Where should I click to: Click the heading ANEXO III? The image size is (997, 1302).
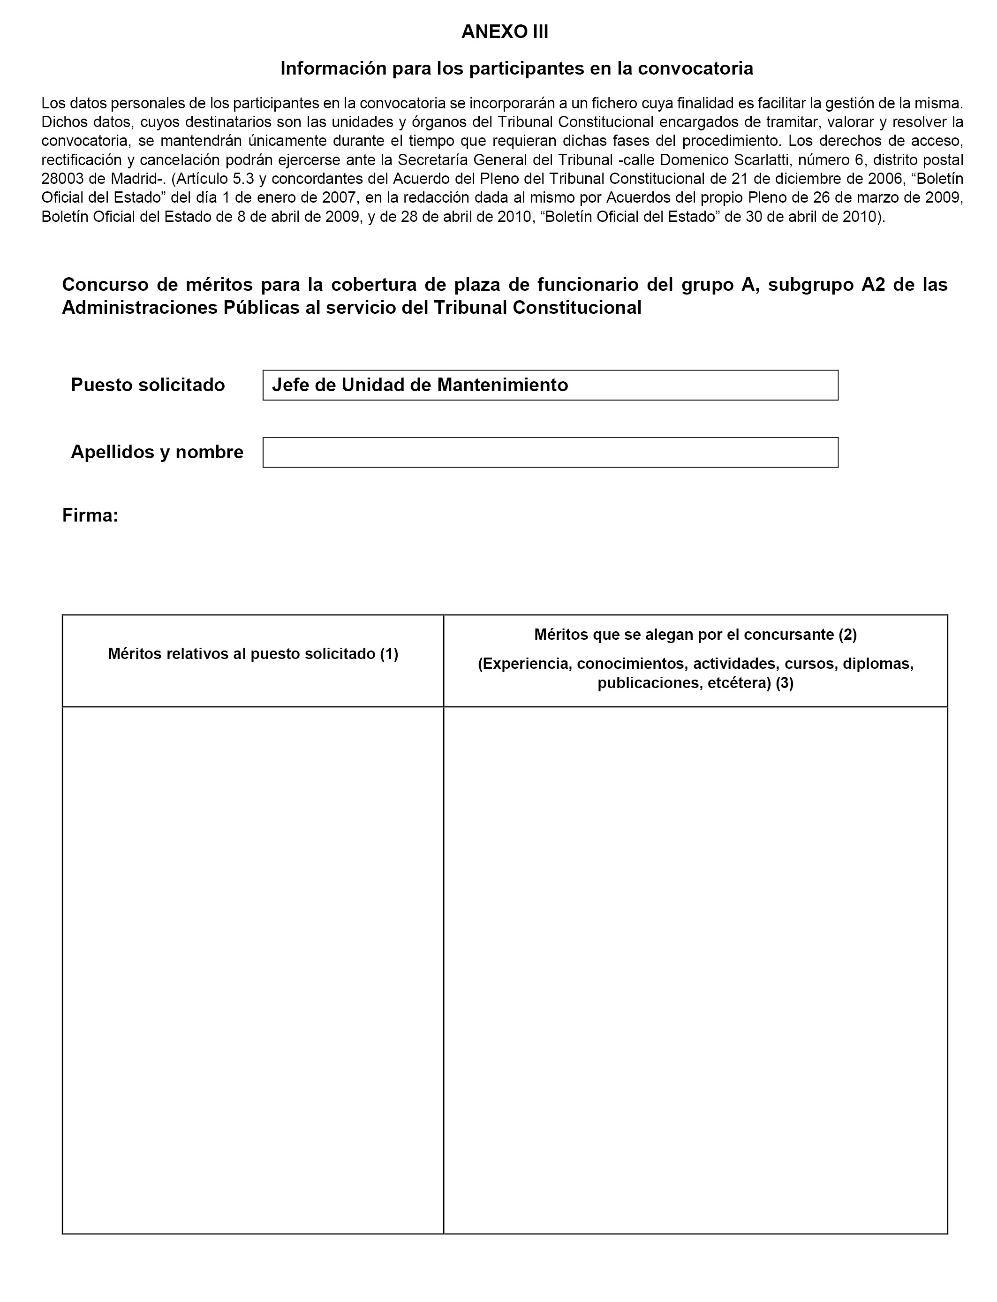pos(505,32)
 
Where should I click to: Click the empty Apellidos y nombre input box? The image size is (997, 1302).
pos(550,452)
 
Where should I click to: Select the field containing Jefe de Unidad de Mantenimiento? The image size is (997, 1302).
pos(550,385)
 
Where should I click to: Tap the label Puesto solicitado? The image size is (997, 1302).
pos(148,385)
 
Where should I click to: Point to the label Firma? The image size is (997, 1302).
pos(90,515)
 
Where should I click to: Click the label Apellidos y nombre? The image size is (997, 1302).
pos(157,452)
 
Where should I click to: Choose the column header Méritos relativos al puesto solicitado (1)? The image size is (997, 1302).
pos(253,654)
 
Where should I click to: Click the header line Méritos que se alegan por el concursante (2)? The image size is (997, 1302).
pos(695,635)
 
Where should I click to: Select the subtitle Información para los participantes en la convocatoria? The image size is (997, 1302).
pos(516,69)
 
